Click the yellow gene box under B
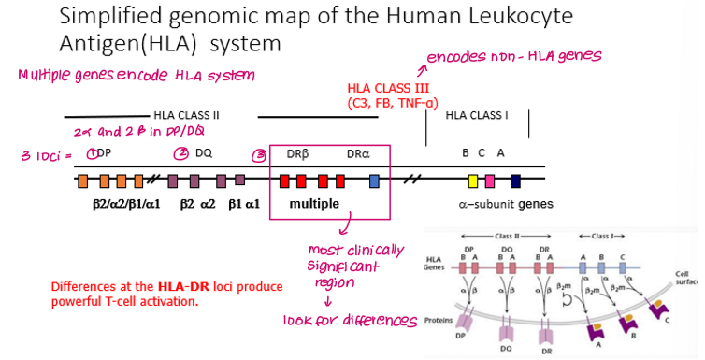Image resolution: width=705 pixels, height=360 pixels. tap(473, 180)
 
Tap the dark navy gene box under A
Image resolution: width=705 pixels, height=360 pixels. tap(515, 180)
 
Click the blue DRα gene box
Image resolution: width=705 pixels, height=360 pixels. tap(374, 180)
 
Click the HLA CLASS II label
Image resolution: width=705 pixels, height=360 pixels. tap(186, 115)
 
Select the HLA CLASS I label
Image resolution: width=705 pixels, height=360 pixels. tap(477, 115)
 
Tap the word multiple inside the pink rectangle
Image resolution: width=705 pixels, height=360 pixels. tap(314, 203)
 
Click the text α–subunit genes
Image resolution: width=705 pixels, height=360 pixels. tap(505, 204)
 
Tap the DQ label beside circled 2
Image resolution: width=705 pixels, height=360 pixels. tap(204, 152)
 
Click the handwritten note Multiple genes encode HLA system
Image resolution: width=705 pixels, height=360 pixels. tap(136, 74)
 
